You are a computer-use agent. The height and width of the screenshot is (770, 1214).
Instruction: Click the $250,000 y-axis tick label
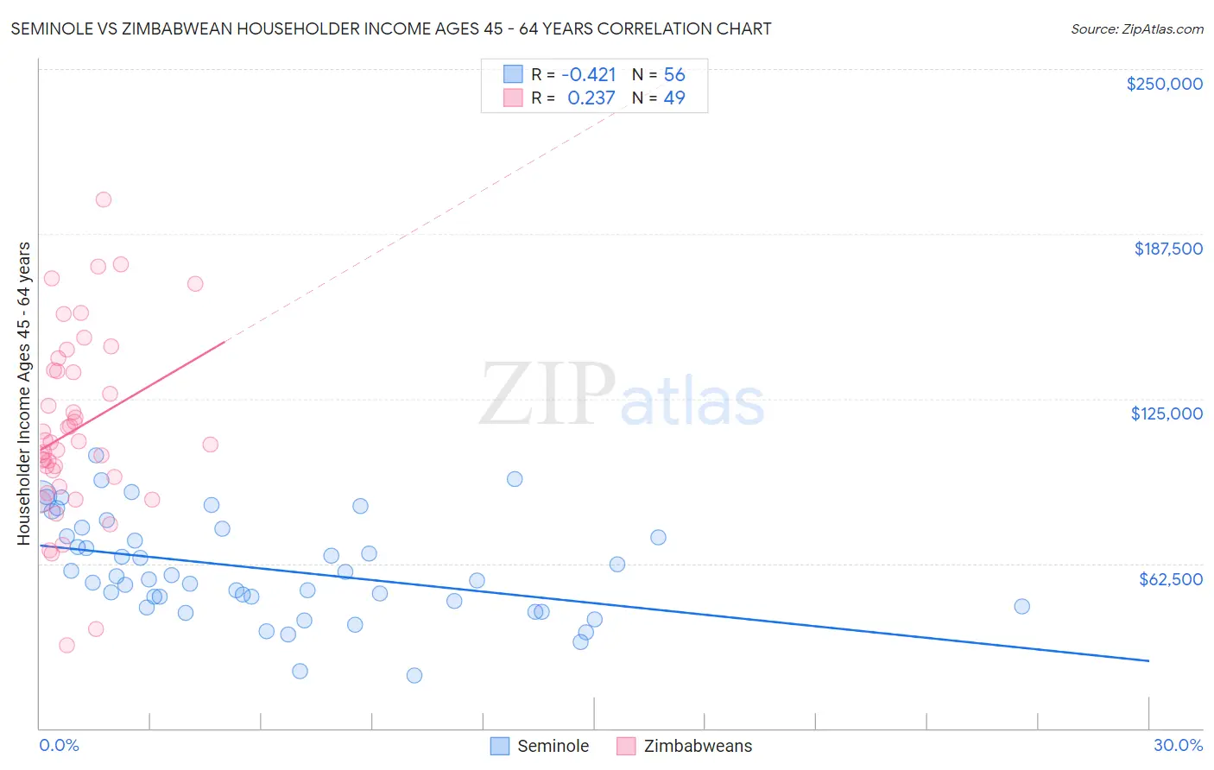(x=1164, y=84)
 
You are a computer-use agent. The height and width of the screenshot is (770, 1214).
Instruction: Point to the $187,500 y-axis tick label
(x=1167, y=249)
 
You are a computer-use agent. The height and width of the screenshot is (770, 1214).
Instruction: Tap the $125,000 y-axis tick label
(x=1167, y=413)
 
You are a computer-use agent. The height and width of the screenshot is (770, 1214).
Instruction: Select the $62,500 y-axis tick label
(x=1170, y=579)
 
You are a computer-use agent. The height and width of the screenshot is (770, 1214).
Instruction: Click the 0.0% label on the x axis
(x=59, y=745)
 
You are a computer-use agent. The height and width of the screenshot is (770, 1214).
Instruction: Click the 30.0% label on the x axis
(x=1178, y=745)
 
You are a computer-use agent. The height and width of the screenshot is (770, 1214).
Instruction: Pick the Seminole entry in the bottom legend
(x=553, y=746)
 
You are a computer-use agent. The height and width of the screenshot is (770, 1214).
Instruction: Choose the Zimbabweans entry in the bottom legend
(x=698, y=746)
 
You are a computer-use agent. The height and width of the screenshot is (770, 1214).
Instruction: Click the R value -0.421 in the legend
(x=588, y=75)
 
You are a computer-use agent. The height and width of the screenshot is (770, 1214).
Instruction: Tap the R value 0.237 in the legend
(x=591, y=98)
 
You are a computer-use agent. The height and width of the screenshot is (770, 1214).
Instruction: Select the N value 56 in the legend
(x=673, y=75)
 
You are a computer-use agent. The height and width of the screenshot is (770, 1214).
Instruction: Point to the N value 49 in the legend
(x=673, y=98)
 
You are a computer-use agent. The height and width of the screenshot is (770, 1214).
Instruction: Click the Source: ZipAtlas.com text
(x=1136, y=29)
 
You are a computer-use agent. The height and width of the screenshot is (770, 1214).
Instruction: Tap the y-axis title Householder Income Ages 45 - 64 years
(x=24, y=394)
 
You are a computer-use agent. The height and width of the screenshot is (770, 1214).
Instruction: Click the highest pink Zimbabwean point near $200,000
(x=104, y=199)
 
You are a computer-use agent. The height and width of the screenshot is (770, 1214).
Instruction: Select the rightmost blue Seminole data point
(x=1021, y=606)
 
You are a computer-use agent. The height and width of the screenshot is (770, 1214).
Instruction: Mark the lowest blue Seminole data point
(x=414, y=675)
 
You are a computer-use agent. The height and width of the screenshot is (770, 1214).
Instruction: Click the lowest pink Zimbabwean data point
(x=66, y=645)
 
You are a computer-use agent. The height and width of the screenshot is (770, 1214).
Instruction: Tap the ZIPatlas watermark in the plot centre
(x=622, y=395)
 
